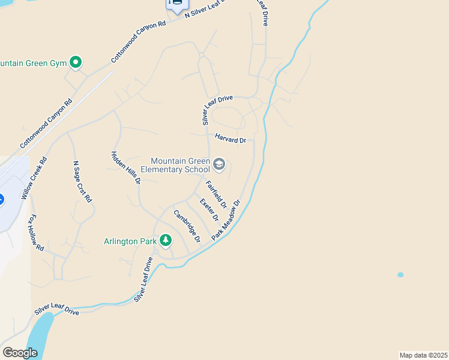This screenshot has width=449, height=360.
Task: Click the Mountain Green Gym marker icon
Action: (76, 62)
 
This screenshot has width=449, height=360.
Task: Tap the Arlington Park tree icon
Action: (166, 241)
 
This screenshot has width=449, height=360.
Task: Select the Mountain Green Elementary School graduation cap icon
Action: (219, 164)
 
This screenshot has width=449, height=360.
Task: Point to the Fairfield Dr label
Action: (216, 194)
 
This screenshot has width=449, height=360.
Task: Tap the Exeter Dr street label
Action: (209, 209)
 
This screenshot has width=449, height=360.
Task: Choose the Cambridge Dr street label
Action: (187, 226)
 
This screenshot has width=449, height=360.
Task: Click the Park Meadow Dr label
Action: (226, 221)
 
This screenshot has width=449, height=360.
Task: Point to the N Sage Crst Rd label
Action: (82, 181)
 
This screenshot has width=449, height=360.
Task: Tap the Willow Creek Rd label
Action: (34, 178)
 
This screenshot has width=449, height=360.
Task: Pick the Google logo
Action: (20, 353)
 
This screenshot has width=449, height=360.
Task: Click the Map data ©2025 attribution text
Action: (423, 355)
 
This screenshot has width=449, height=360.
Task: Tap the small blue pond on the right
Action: (400, 275)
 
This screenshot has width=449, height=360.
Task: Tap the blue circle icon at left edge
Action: (2, 199)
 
